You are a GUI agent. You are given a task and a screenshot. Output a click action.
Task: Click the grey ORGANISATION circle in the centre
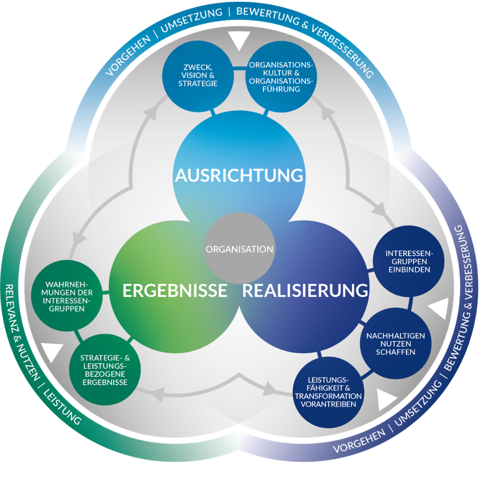[x=239, y=248]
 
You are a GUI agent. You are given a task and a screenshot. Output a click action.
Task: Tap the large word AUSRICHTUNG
[x=239, y=174]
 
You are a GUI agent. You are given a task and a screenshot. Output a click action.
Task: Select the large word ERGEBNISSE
[x=175, y=290]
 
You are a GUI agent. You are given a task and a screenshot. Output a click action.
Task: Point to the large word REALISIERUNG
[x=305, y=290]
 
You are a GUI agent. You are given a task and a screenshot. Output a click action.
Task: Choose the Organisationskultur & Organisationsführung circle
[x=281, y=77]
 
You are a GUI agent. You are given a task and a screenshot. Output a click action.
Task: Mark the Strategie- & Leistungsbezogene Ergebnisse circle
[x=104, y=369]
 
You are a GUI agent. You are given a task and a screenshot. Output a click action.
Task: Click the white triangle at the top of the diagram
[x=239, y=40]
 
